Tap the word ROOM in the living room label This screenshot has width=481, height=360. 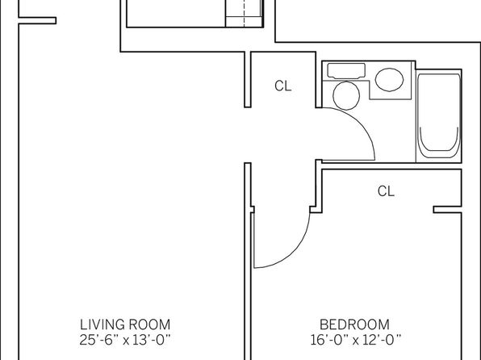click(149, 324)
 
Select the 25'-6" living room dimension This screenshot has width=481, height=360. click(98, 340)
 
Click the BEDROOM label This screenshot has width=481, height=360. click(354, 324)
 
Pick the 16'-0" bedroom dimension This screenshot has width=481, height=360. click(329, 340)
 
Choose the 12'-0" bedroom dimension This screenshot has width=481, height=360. click(382, 340)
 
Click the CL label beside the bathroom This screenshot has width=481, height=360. click(282, 86)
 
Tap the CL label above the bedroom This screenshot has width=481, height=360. click(386, 191)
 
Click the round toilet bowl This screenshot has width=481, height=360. click(346, 95)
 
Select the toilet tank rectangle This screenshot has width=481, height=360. click(346, 70)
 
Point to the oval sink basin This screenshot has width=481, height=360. click(389, 80)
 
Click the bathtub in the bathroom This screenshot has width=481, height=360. click(439, 116)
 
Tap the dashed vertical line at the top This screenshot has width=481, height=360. click(245, 13)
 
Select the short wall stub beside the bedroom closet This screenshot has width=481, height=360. click(447, 209)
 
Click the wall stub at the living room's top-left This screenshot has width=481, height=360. click(37, 20)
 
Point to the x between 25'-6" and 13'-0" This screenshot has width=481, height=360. click(126, 341)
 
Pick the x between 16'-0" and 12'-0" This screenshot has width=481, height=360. click(356, 341)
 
